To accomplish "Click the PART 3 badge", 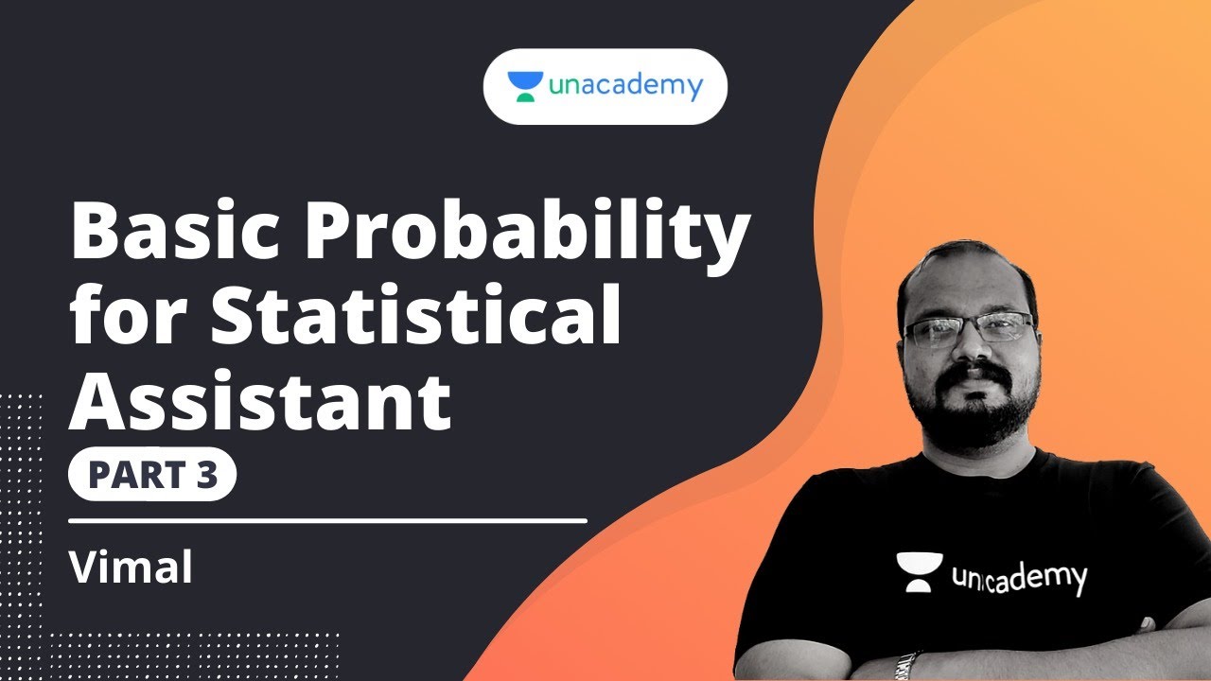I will coord(151,476).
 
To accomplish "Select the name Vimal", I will coord(131,567).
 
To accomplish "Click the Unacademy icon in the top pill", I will coord(525,87).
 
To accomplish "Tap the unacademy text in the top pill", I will coord(624,87).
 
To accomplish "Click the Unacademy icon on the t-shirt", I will coord(917,572).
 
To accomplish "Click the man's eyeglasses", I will coord(967,330).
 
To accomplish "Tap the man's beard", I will coord(970,416).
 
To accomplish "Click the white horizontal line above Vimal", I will coord(327,520).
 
